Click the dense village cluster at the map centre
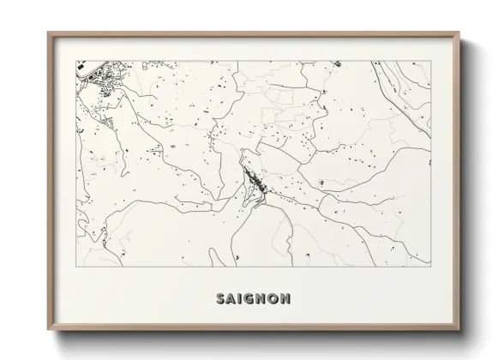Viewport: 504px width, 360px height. click(x=255, y=182)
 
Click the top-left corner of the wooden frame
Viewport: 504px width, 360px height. click(x=48, y=33)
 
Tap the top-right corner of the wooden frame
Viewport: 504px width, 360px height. click(x=459, y=33)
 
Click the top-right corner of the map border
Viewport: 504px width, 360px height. click(x=430, y=60)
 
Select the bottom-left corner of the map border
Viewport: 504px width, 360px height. click(x=76, y=266)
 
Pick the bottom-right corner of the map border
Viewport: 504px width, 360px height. click(x=430, y=266)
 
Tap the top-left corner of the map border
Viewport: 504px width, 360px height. click(x=76, y=60)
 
